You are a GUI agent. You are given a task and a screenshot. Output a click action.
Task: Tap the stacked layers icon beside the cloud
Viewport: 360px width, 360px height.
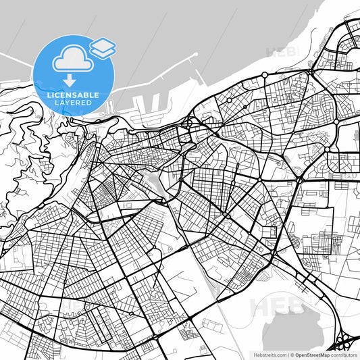(103, 47)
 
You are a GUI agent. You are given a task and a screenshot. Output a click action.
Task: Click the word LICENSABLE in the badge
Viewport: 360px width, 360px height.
(72, 95)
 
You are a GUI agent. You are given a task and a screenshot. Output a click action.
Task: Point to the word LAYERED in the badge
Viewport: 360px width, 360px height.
(72, 103)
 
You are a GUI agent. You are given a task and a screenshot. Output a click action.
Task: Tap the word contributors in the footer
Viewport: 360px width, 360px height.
(346, 354)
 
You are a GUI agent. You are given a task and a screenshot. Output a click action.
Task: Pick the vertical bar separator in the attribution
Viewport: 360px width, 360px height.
(288, 354)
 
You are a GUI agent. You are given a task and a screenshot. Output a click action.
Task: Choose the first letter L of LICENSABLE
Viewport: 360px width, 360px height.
(48, 95)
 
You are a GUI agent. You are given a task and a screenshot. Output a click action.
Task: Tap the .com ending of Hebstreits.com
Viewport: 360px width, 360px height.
(279, 354)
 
